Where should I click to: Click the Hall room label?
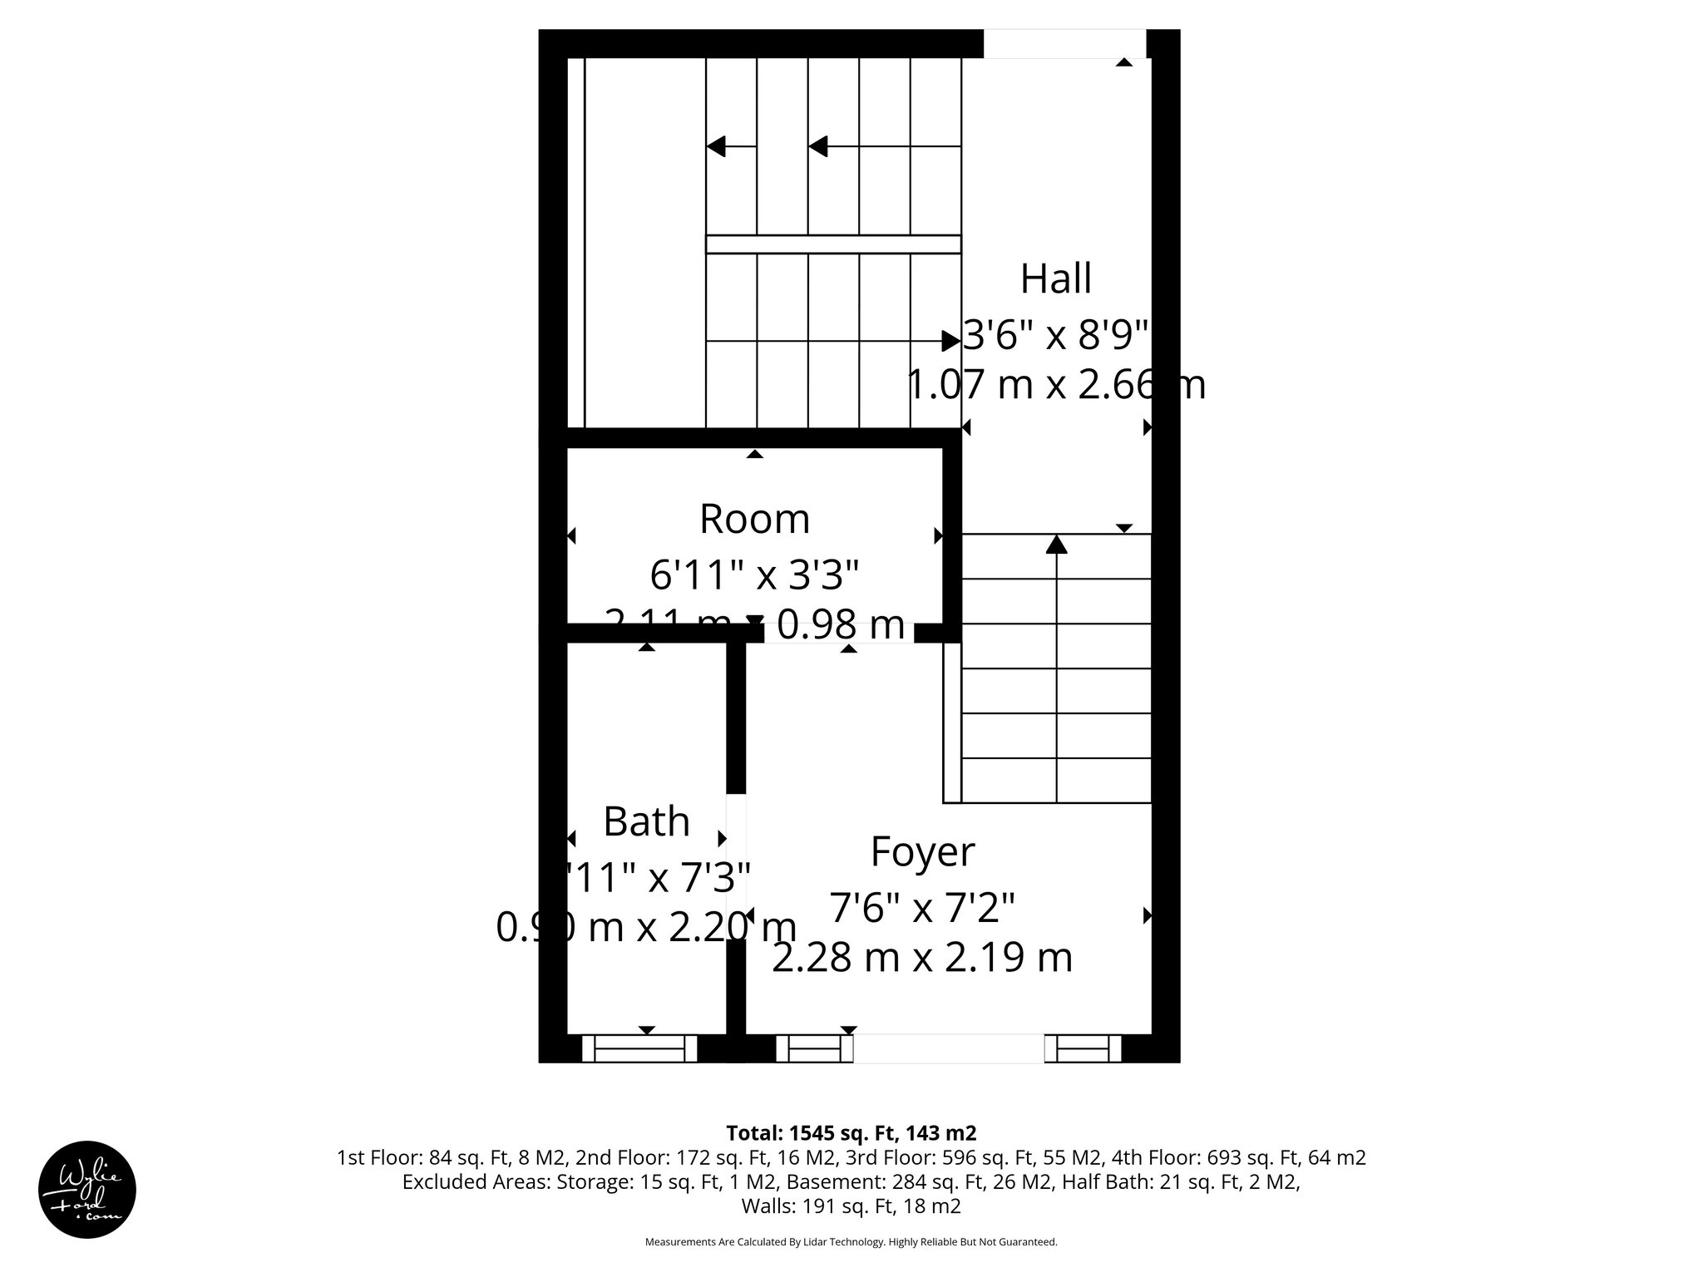(x=1055, y=279)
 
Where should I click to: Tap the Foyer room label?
(x=922, y=851)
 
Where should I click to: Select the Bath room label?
(x=646, y=821)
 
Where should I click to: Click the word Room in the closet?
(x=754, y=519)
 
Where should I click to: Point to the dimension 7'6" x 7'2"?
(x=922, y=907)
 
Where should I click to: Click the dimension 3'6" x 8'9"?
(x=1056, y=337)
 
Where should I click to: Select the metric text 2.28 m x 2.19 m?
(x=922, y=958)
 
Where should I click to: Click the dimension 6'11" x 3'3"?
(x=754, y=574)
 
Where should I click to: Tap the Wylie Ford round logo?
(x=87, y=1190)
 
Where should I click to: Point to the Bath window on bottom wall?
(x=639, y=1049)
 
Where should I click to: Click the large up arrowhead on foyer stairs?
(x=1056, y=545)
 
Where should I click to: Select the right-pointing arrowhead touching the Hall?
(x=950, y=341)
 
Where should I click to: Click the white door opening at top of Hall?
(x=1064, y=44)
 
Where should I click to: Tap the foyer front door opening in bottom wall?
(x=948, y=1049)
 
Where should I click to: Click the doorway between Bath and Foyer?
(x=736, y=865)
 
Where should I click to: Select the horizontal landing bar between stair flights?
(x=833, y=244)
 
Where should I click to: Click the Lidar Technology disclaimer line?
(x=851, y=1242)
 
